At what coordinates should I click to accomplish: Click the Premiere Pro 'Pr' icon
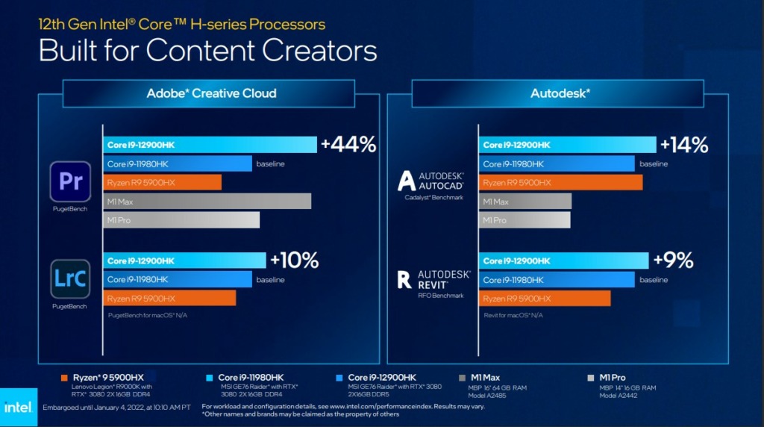(70, 181)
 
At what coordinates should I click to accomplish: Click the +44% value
(348, 145)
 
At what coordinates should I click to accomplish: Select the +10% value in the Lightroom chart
(294, 260)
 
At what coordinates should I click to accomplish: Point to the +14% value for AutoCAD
(684, 145)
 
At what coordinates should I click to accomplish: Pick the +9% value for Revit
(673, 260)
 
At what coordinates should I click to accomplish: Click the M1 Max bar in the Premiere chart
(207, 202)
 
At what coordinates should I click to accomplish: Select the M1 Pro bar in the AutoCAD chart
(525, 220)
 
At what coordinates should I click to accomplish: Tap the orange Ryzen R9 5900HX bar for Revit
(545, 299)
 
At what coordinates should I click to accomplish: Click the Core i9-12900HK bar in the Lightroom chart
(184, 261)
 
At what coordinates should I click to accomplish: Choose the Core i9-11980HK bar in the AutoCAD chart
(557, 163)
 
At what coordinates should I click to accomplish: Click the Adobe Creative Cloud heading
(211, 93)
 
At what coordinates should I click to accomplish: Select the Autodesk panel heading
(560, 93)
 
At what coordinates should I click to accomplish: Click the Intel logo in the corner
(18, 408)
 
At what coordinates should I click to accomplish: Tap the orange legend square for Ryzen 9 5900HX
(64, 377)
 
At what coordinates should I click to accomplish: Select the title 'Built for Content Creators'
(207, 51)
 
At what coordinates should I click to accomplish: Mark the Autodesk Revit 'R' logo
(404, 279)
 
